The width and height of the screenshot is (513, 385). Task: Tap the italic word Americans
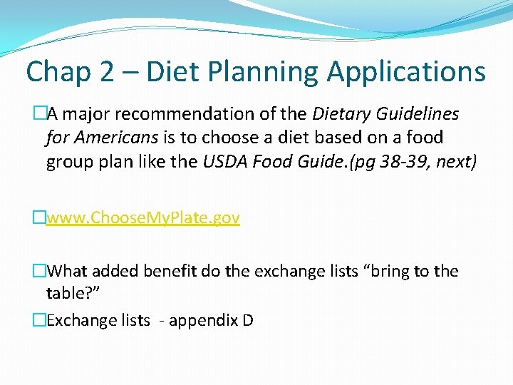[x=119, y=138]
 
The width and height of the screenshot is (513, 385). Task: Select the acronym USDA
[x=225, y=161]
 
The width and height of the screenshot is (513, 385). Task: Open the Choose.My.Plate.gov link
[x=143, y=218]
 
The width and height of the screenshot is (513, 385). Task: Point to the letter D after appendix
[x=248, y=320]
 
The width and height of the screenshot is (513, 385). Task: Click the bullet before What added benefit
[x=39, y=272]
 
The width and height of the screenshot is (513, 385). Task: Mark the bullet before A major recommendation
[x=39, y=114]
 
